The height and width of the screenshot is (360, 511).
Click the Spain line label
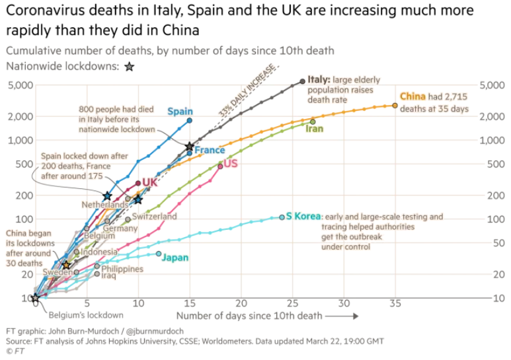180,112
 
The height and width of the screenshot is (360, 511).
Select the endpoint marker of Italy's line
303,81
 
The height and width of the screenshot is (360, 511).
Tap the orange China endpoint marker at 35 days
395,105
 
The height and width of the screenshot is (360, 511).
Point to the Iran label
314,129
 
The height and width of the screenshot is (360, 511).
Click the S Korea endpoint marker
282,217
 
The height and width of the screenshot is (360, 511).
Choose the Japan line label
175,258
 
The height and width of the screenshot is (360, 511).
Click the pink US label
231,163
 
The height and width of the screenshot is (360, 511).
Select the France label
210,150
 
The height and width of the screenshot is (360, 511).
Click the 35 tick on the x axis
395,303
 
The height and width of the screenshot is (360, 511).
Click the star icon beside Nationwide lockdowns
129,67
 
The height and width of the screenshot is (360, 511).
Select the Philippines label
122,269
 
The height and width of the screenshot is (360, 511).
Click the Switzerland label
154,216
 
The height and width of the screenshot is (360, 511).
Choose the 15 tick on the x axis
190,303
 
